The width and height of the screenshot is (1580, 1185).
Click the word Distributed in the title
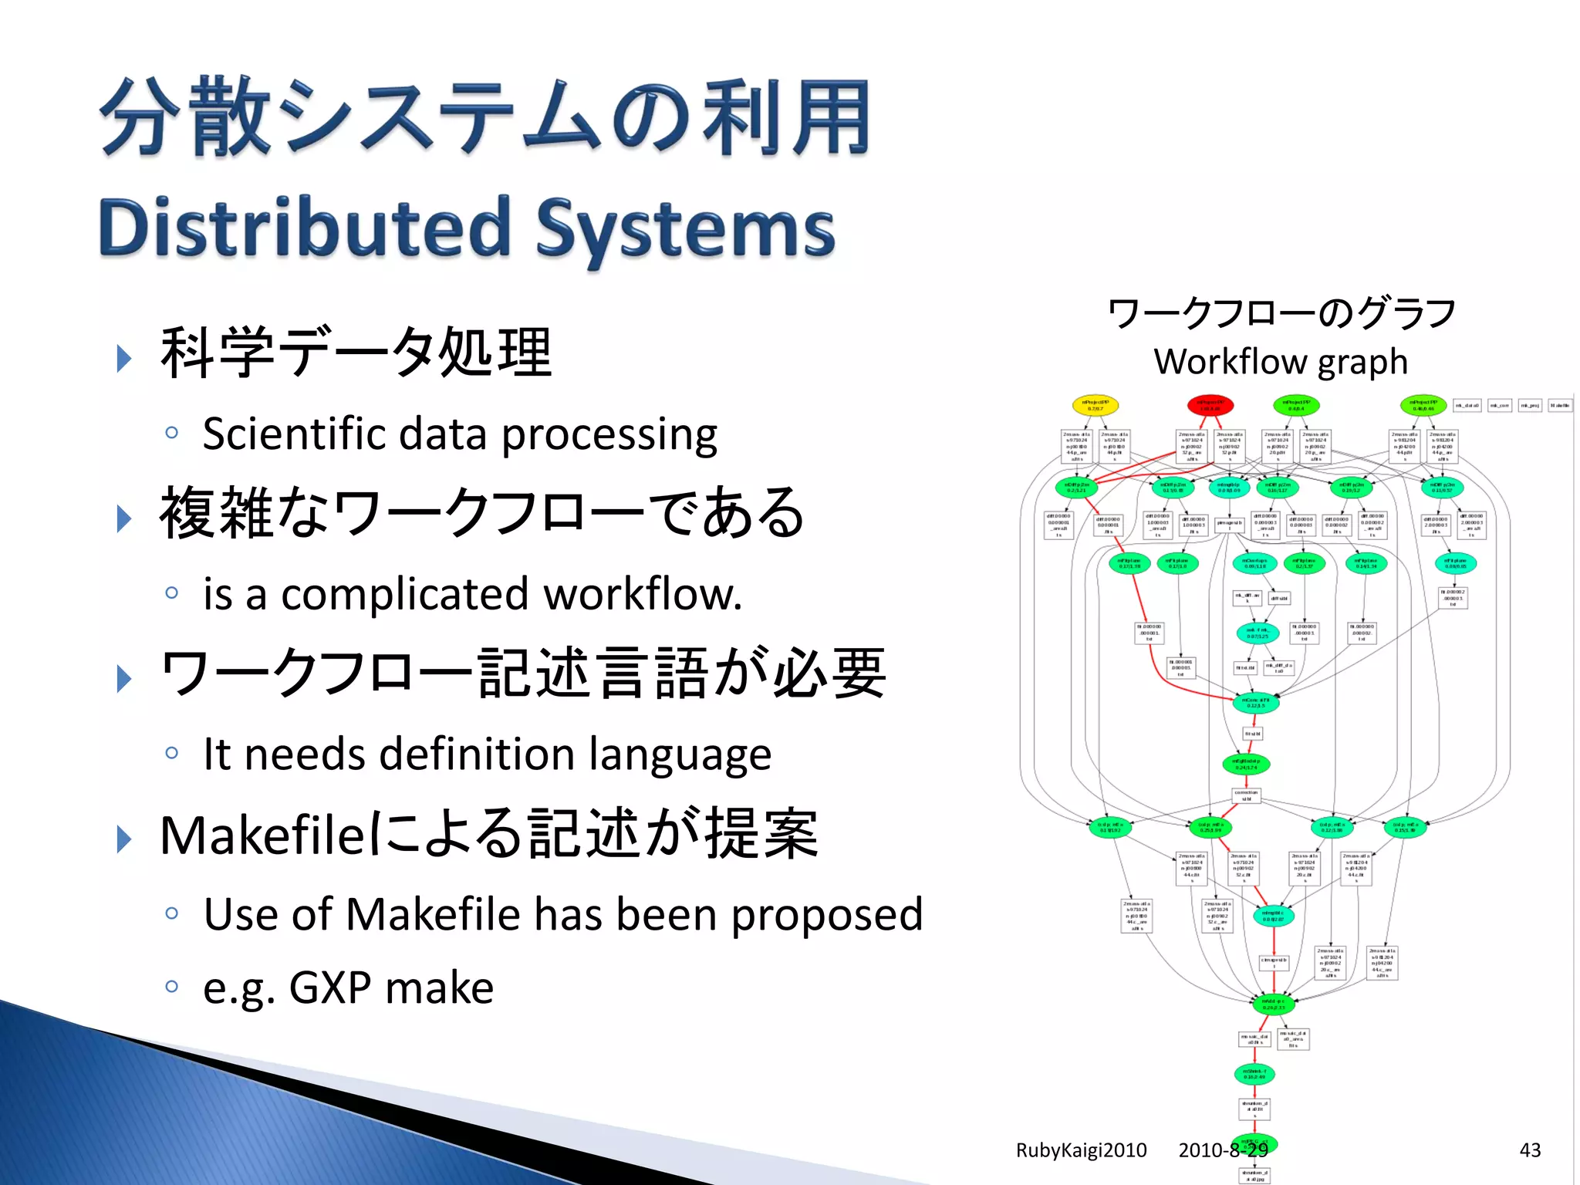pyautogui.click(x=305, y=228)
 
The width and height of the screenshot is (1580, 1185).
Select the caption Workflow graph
pyautogui.click(x=1281, y=361)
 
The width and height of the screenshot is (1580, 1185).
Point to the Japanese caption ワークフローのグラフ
pyautogui.click(x=1281, y=314)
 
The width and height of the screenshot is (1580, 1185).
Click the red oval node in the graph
pyautogui.click(x=1210, y=405)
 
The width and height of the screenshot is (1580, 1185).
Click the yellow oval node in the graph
pyautogui.click(x=1095, y=405)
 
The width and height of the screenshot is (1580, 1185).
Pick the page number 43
pyautogui.click(x=1530, y=1150)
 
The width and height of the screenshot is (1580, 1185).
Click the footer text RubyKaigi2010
pyautogui.click(x=1081, y=1150)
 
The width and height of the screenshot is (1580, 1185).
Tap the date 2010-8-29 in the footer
pyautogui.click(x=1223, y=1150)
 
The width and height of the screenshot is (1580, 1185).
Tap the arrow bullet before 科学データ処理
pyautogui.click(x=123, y=358)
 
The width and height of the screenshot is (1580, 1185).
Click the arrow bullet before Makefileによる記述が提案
pyautogui.click(x=123, y=839)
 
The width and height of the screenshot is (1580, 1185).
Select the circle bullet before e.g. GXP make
pyautogui.click(x=172, y=986)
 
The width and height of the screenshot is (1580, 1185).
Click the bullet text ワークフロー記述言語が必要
pyautogui.click(x=522, y=674)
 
